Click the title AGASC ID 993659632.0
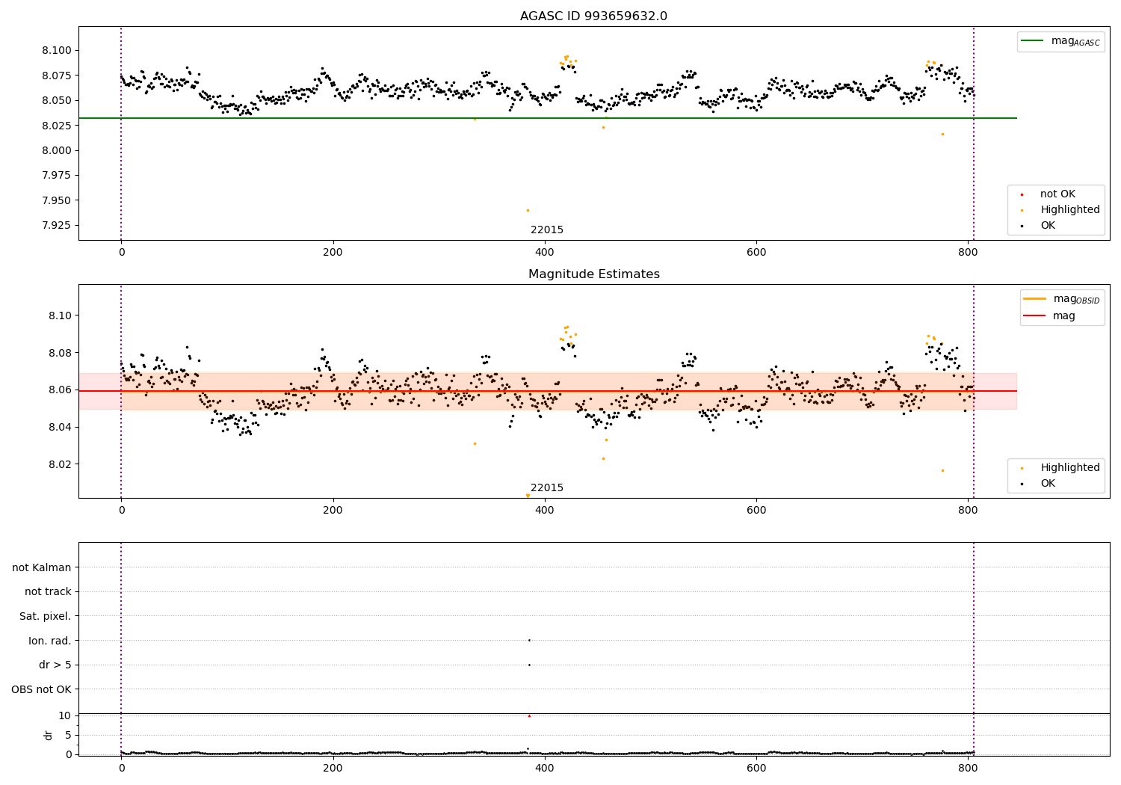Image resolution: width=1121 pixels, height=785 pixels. (x=593, y=16)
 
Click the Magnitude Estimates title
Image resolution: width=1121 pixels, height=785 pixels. (x=593, y=274)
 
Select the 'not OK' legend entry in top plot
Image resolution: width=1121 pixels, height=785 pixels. (x=1057, y=194)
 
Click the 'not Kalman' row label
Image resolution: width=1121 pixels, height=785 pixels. (x=42, y=567)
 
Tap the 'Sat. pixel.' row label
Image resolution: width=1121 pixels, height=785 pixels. (x=45, y=616)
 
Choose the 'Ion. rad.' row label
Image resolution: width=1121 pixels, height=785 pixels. (x=49, y=641)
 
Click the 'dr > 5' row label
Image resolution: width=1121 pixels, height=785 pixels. (x=55, y=665)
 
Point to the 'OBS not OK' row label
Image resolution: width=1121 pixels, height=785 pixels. (x=41, y=689)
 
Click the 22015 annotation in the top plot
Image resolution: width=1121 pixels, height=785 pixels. (x=547, y=230)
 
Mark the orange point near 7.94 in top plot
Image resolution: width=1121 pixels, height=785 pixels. (x=528, y=210)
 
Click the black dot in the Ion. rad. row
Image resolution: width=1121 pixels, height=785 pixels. (x=529, y=640)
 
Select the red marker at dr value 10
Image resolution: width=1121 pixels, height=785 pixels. (x=529, y=716)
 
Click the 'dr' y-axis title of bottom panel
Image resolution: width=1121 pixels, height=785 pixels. (x=49, y=735)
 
